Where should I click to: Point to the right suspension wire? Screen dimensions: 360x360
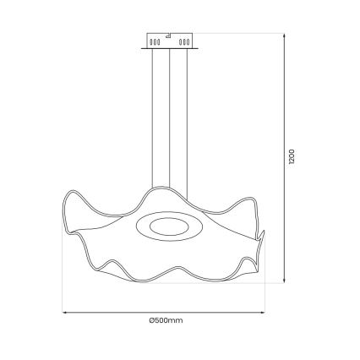coord(188,118)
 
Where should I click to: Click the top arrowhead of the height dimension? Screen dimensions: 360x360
coord(281,33)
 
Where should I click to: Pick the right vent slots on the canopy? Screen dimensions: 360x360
coord(183,40)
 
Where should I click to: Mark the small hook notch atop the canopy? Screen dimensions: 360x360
coord(170,35)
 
